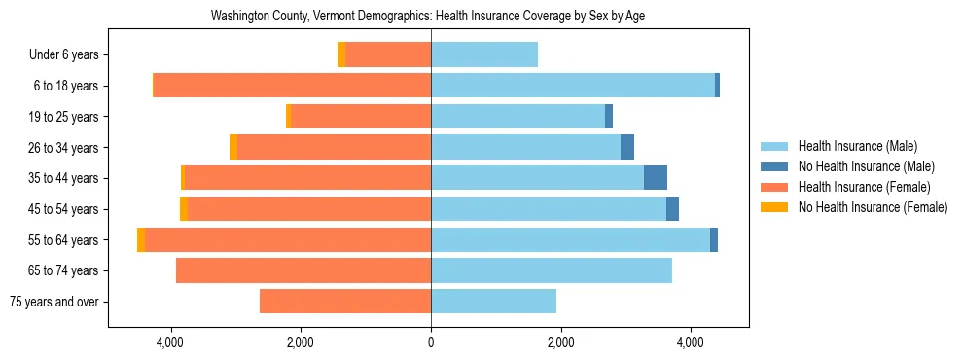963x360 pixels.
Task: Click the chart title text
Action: point(428,17)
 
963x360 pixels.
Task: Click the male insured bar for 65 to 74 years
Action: point(552,270)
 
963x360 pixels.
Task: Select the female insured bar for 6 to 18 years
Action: point(292,86)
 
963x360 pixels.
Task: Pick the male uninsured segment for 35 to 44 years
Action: point(656,178)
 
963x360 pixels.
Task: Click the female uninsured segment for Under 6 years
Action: point(341,55)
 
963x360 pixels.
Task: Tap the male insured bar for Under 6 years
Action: point(484,55)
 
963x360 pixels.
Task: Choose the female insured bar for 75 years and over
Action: point(345,302)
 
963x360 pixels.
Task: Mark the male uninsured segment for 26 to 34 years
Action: point(627,147)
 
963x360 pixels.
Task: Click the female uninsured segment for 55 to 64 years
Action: point(141,239)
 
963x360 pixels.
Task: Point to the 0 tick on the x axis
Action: point(431,342)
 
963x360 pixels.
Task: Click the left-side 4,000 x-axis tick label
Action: point(170,342)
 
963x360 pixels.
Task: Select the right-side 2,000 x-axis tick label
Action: point(560,342)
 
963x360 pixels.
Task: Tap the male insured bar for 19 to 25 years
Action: point(517,117)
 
